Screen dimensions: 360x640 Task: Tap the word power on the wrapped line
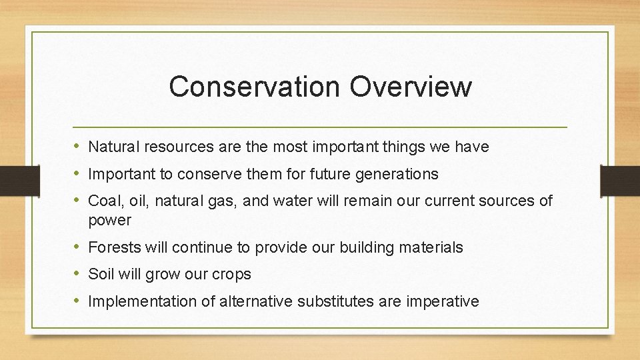coord(109,220)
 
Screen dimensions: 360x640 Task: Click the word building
coord(366,247)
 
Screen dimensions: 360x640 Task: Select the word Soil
coord(101,274)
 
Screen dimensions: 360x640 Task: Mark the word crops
coord(231,275)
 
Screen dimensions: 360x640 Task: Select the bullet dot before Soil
coord(77,274)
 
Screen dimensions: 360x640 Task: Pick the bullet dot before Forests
coord(77,247)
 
